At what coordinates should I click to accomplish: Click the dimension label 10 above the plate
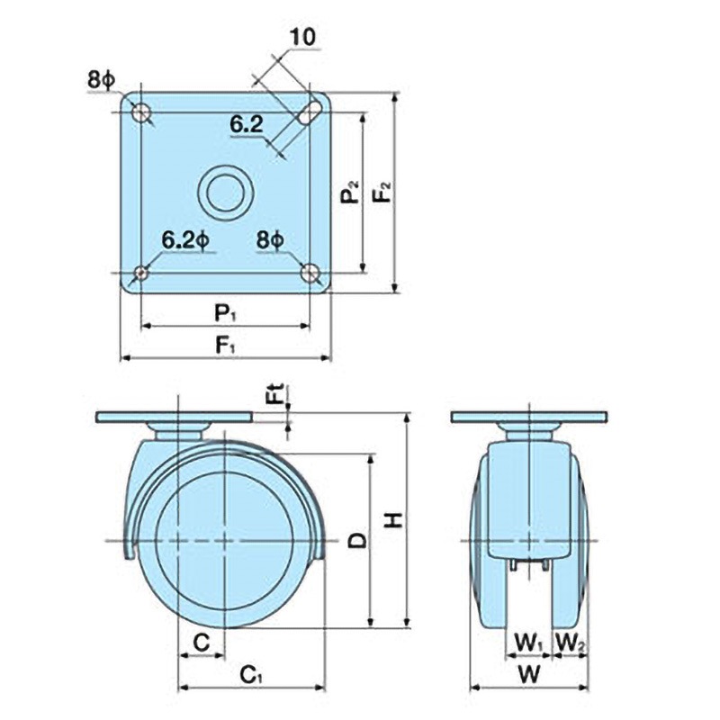coord(303,37)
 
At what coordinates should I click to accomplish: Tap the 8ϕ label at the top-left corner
coord(101,81)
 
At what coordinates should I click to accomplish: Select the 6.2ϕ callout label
coord(186,239)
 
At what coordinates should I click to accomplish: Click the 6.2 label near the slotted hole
coord(246,124)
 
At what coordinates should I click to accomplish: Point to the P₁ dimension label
coord(226,314)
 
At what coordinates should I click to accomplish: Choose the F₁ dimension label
coord(226,346)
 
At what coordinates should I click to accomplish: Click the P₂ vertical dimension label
coord(351,193)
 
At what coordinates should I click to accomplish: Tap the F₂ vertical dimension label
coord(382,192)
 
